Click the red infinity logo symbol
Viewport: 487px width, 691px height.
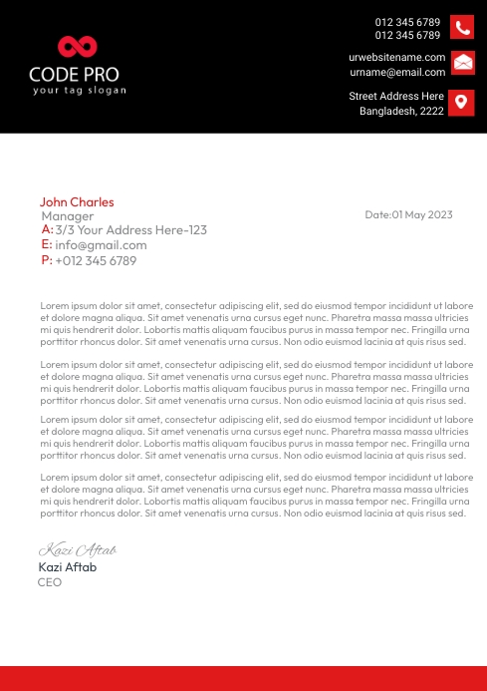[x=77, y=46]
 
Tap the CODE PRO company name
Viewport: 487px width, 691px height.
[x=74, y=74]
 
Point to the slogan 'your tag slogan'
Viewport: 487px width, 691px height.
[x=80, y=91]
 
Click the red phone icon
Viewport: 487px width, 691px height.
[x=462, y=28]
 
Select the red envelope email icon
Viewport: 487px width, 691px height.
[x=462, y=64]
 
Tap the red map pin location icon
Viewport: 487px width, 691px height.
[x=462, y=102]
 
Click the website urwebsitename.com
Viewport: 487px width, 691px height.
[x=397, y=57]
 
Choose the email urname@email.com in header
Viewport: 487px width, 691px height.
[x=397, y=72]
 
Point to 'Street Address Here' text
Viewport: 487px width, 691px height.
[x=396, y=96]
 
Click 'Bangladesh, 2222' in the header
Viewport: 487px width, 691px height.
[x=401, y=112]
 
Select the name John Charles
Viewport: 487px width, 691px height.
[x=77, y=201]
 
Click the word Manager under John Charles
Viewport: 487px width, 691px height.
[x=68, y=215]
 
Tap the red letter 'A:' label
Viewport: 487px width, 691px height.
[x=47, y=229]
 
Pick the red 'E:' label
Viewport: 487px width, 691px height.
[x=47, y=244]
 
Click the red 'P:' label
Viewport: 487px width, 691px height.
[x=47, y=260]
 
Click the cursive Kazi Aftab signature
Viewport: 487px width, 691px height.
[x=78, y=549]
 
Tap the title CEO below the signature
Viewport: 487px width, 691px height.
[x=50, y=582]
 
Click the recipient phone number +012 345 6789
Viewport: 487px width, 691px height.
[x=96, y=260]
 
